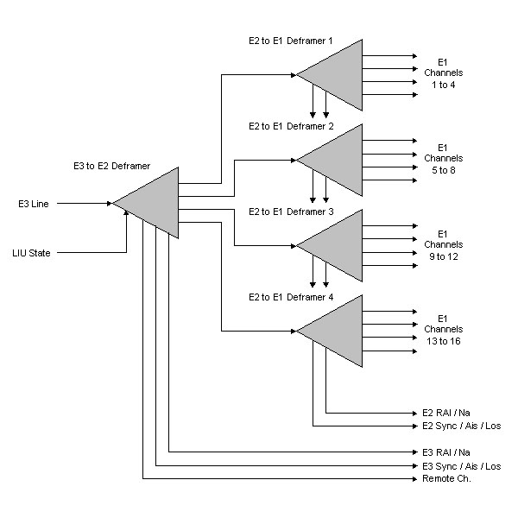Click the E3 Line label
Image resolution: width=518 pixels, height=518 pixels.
[x=34, y=204]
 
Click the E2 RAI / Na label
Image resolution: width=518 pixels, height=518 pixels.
[x=447, y=413]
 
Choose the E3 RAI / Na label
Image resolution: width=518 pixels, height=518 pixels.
[x=447, y=452]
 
